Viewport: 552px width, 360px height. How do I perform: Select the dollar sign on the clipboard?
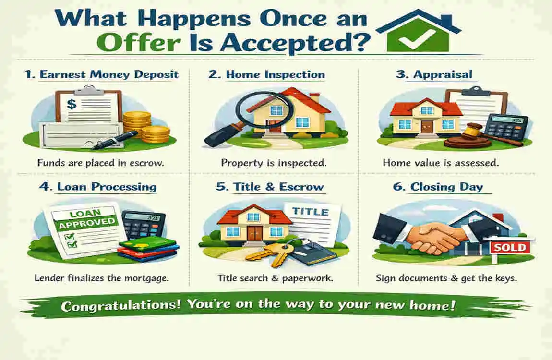[71, 103]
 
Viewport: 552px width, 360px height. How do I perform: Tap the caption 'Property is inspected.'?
[274, 163]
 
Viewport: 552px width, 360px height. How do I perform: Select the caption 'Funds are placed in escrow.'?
[101, 163]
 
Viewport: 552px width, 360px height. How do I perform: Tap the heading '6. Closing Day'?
[438, 187]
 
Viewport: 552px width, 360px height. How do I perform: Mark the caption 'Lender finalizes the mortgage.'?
[101, 278]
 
